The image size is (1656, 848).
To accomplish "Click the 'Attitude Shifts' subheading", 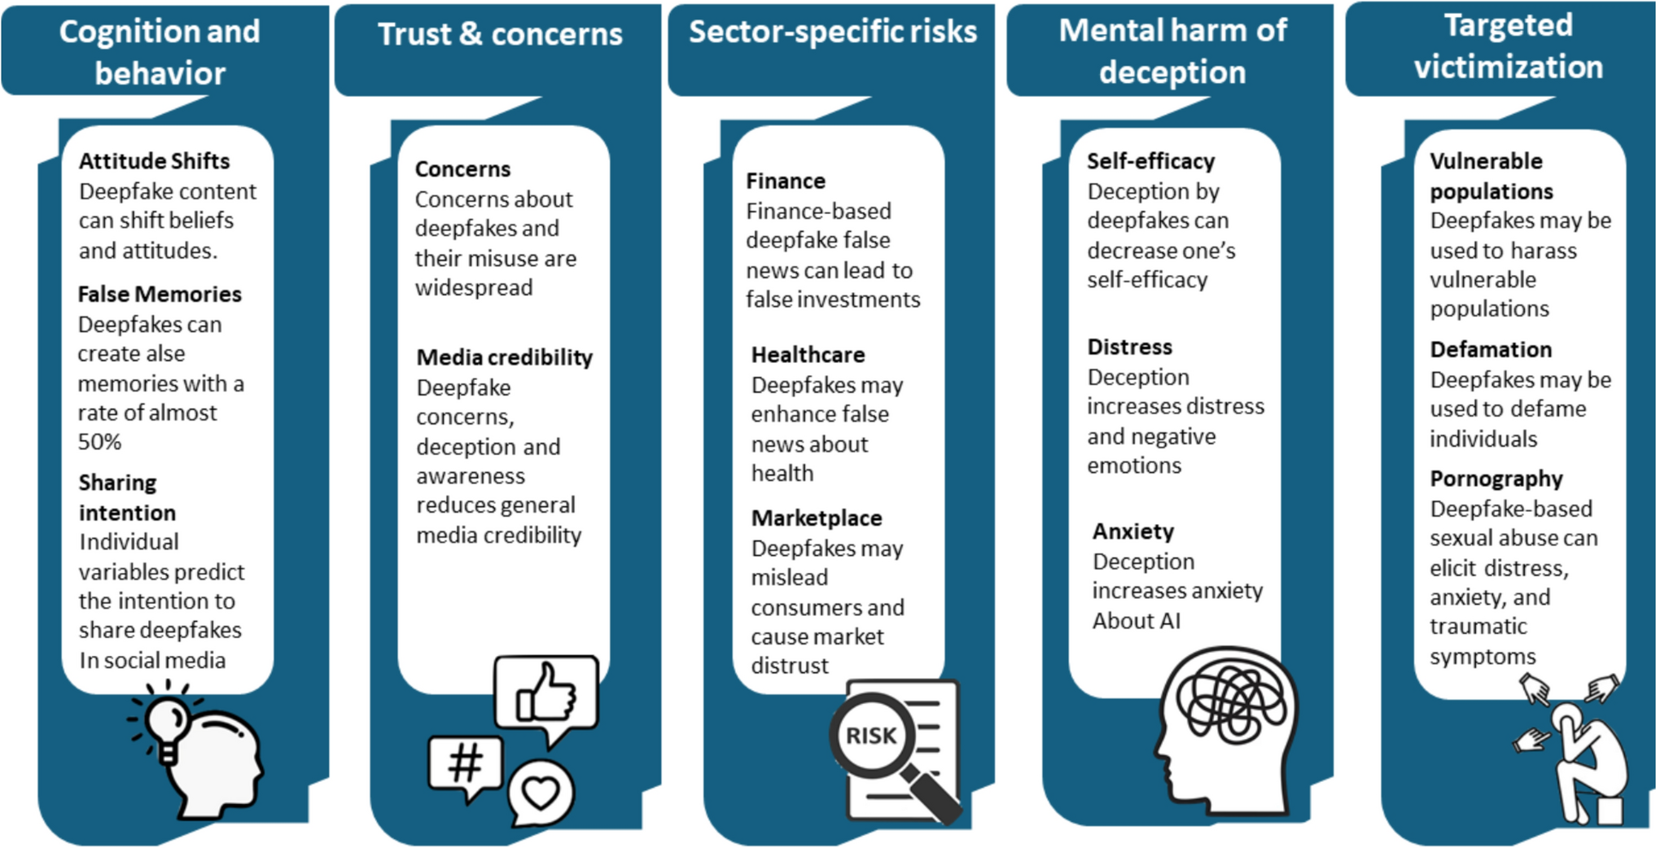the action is (x=154, y=161).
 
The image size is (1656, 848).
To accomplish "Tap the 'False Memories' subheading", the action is (x=160, y=294).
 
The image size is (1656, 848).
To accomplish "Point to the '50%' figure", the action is (x=99, y=442).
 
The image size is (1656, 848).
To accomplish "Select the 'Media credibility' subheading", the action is (x=504, y=357).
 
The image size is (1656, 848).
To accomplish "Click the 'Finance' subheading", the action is (x=786, y=181).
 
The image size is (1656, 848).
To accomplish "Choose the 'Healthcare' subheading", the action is (x=808, y=355).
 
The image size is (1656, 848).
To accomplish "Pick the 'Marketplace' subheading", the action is (x=817, y=518).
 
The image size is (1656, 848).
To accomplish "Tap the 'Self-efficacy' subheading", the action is (x=1150, y=161).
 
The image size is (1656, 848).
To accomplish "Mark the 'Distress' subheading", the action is (x=1129, y=348).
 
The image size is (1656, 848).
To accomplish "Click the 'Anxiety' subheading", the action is (x=1133, y=531).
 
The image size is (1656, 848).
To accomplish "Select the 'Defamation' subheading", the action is (x=1491, y=350).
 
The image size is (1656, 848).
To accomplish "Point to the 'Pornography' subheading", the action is (x=1496, y=479).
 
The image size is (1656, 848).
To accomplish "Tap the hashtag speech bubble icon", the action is (x=466, y=765).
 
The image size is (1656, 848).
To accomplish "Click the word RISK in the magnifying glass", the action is (x=871, y=736).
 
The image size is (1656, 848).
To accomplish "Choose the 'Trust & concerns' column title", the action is (x=500, y=34).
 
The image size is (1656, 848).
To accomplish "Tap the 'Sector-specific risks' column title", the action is (x=832, y=32).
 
